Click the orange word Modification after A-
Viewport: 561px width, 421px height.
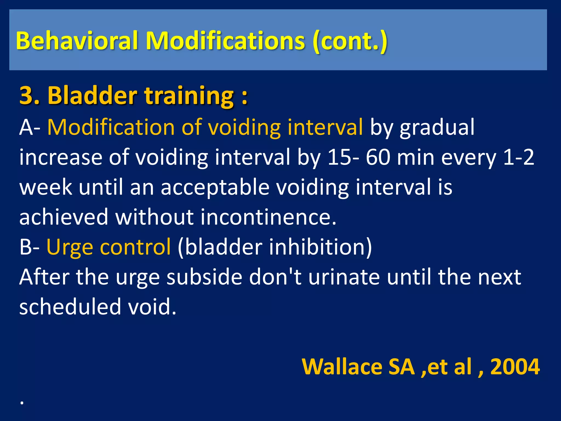[x=111, y=127]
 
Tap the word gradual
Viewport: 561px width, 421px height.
[x=437, y=127]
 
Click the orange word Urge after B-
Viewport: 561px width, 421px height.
[x=70, y=247]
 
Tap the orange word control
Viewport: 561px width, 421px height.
[x=135, y=247]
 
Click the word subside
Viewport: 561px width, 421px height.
[x=204, y=277]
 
